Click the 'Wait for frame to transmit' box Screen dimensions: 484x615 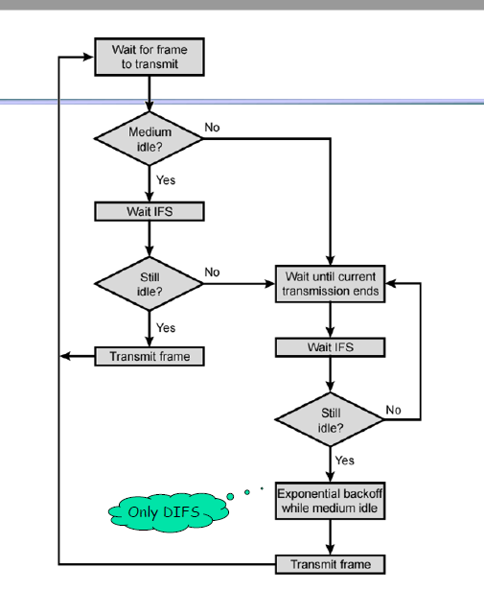(150, 57)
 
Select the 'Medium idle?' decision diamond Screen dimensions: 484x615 (149, 138)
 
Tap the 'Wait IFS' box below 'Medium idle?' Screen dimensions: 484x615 (150, 211)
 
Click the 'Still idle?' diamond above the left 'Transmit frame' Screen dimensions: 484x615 (149, 284)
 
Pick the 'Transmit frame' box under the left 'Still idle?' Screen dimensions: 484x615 (150, 357)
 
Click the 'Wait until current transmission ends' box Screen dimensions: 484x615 (331, 284)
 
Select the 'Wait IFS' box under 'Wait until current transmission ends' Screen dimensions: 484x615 (331, 347)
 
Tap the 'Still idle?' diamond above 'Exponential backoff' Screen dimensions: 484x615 (330, 419)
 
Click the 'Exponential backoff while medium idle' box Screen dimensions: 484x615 (331, 501)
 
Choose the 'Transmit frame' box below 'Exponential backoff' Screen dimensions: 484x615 (331, 564)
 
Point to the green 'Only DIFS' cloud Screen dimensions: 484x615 (169, 511)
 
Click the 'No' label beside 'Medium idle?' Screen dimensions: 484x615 (212, 128)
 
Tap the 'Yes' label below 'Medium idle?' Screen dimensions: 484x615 (166, 180)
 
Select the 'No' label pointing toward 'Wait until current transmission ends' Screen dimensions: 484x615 (212, 272)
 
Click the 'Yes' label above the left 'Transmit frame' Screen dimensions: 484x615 (166, 327)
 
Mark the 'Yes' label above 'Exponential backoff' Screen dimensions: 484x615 (344, 461)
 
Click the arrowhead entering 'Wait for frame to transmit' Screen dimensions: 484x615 (88, 58)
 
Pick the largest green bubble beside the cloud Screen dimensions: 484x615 (230, 497)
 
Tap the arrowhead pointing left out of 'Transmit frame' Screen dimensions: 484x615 (65, 357)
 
